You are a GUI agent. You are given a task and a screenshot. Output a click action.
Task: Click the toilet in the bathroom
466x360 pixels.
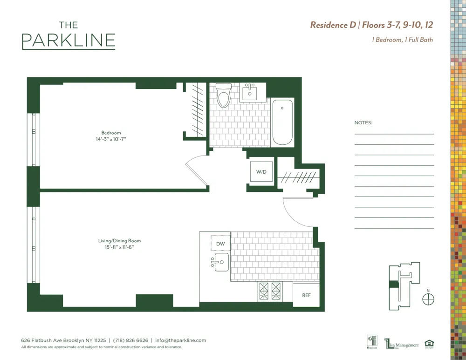(224, 95)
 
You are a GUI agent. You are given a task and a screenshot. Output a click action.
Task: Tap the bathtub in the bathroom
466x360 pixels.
(282, 122)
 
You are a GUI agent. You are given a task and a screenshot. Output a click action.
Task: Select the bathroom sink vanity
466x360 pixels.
(250, 92)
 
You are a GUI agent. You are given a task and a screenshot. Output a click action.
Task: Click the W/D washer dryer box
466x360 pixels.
(261, 172)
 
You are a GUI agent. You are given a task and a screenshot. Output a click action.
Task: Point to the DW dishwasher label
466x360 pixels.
(220, 244)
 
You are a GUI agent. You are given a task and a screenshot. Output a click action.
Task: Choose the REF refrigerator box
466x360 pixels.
(306, 295)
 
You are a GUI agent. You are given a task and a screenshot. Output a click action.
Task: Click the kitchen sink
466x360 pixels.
(220, 262)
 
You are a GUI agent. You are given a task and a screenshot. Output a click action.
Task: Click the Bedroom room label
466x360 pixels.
(111, 133)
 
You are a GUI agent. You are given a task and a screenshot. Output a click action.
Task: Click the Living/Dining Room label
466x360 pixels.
(119, 241)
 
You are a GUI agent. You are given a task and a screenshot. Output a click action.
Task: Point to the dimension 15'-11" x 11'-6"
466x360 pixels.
(119, 247)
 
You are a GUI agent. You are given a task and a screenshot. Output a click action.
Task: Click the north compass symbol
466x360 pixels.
(428, 299)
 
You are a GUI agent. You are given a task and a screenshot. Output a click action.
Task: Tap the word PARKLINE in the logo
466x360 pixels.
(69, 41)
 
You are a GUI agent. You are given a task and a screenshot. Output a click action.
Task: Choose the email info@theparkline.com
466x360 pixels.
(180, 340)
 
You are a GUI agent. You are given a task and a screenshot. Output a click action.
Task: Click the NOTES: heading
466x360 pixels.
(363, 122)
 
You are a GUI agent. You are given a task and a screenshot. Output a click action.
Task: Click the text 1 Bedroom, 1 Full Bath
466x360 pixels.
(402, 40)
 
